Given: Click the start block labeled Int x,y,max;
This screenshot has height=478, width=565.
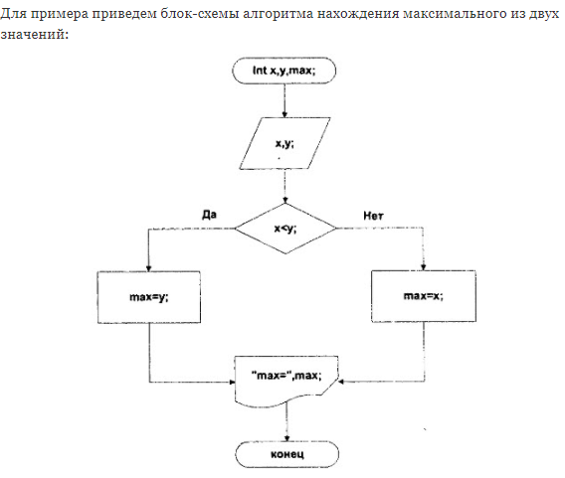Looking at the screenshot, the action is pos(283,71).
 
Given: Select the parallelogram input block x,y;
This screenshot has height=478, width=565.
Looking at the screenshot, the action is pos(284,143).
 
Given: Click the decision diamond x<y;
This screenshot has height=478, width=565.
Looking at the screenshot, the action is pos(285,229).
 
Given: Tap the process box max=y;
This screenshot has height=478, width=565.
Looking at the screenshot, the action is pos(149,297).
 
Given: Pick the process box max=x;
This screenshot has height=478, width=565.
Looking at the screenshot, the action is pos(424,296).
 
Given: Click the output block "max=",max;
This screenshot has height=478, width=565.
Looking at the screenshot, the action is pos(286,382).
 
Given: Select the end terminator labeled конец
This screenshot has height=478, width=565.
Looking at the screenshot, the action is pos(287,454).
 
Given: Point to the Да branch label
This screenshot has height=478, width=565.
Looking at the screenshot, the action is pos(209,215).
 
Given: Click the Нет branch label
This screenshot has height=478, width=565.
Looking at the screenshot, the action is pos(373,216).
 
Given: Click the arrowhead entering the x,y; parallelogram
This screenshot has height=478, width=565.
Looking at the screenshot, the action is pos(284,114).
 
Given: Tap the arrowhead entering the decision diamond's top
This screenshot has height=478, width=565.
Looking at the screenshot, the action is pos(285,200).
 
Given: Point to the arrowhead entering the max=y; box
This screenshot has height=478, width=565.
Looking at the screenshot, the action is pos(148,268).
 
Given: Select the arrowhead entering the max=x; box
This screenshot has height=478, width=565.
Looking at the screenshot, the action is pos(424,267).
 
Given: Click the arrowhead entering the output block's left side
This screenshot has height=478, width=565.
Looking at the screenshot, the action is pos(232,382).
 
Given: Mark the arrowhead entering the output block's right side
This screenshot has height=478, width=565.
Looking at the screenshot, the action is pos(341,382).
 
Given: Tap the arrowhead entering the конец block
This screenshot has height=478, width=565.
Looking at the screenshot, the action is pos(286,438).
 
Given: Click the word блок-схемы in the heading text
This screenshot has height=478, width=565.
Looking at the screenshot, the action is pos(199,14).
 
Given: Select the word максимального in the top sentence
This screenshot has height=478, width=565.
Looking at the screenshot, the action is pos(455,14).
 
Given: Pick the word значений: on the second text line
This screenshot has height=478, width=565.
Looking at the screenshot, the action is pos(34,35).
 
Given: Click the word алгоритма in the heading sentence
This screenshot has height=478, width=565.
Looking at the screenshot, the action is pos(278,14).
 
